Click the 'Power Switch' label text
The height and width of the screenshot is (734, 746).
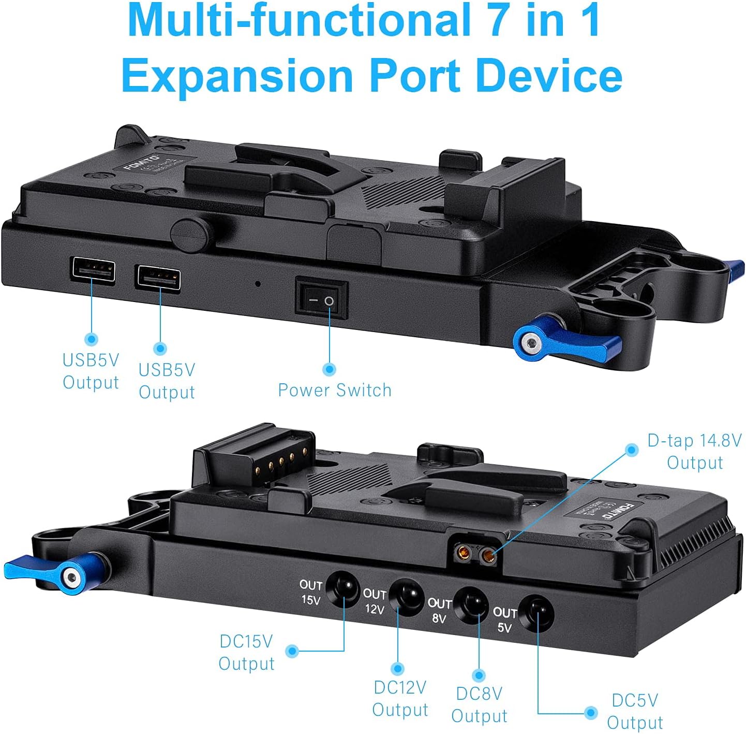coord(335,390)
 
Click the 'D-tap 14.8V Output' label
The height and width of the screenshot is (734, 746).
coord(694,451)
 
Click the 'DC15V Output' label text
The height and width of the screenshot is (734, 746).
coord(246,652)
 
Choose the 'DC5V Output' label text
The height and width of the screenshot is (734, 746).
coord(635,711)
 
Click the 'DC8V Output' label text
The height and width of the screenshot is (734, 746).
coord(479,704)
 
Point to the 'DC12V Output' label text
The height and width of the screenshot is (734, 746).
coord(400,698)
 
